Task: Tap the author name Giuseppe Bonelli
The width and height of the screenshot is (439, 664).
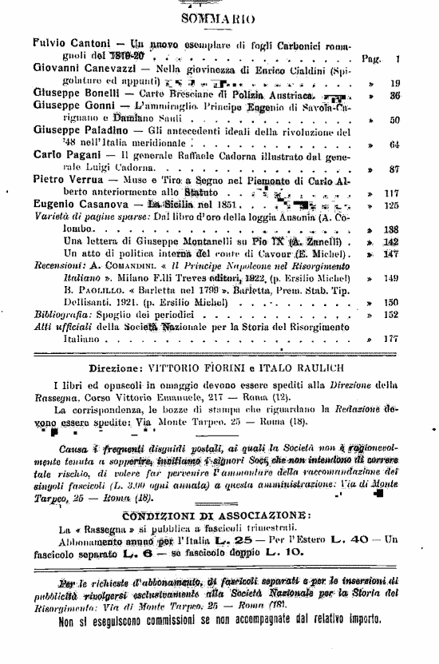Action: click(x=72, y=93)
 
